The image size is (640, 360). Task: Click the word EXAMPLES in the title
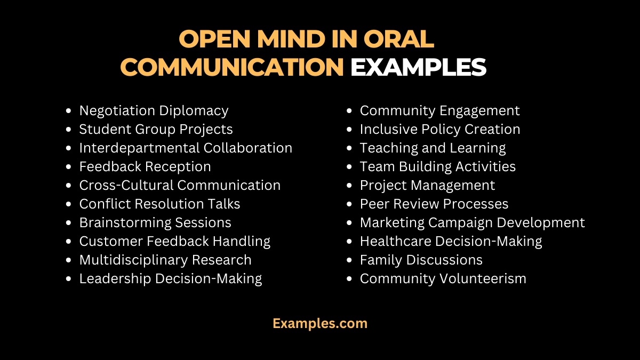pyautogui.click(x=418, y=67)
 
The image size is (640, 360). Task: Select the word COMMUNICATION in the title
pyautogui.click(x=232, y=67)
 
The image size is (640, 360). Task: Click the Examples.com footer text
pyautogui.click(x=320, y=323)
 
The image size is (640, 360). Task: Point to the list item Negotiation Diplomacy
pyautogui.click(x=154, y=111)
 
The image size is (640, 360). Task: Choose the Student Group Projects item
pyautogui.click(x=156, y=130)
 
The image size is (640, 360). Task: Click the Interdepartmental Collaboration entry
pyautogui.click(x=186, y=148)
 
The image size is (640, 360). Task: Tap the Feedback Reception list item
pyautogui.click(x=145, y=167)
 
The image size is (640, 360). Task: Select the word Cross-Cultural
pyautogui.click(x=126, y=186)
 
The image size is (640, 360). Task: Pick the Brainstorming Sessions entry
pyautogui.click(x=155, y=223)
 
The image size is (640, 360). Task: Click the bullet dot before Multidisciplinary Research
pyautogui.click(x=68, y=261)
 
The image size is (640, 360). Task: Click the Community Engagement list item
pyautogui.click(x=439, y=111)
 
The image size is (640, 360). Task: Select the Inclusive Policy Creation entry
pyautogui.click(x=440, y=130)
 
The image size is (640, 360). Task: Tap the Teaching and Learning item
pyautogui.click(x=433, y=148)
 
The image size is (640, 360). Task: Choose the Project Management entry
pyautogui.click(x=427, y=186)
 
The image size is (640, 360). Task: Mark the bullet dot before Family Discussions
pyautogui.click(x=349, y=261)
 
